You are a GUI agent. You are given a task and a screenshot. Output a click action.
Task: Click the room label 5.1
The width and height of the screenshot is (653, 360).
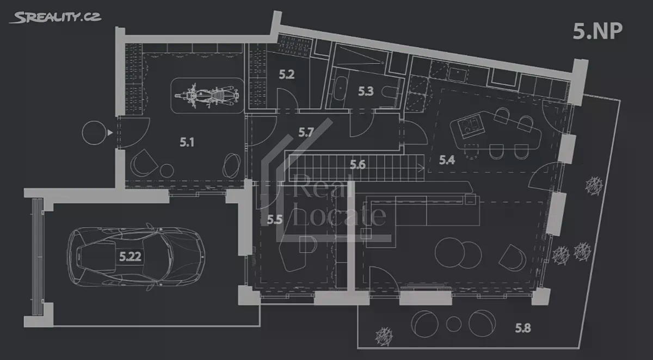coord(187,142)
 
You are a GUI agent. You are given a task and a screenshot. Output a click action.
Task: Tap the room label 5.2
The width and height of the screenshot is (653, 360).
coord(287,75)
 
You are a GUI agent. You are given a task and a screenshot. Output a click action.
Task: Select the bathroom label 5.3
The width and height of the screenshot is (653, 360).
coord(366,91)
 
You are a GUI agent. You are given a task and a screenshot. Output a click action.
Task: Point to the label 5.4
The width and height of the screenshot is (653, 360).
coord(447,160)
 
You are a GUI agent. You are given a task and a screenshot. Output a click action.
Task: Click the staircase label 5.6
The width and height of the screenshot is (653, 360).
coord(358,165)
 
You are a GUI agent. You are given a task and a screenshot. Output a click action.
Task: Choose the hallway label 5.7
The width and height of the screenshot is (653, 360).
coord(306,133)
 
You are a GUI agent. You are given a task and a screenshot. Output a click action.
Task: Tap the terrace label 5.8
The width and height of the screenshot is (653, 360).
coord(523,328)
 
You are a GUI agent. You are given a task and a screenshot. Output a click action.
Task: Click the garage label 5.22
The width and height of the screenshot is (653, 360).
coord(130,257)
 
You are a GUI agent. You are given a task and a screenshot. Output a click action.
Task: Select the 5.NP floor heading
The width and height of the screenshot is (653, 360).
coord(597,31)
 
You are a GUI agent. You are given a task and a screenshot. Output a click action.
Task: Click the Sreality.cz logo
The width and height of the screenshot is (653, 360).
coord(56,17)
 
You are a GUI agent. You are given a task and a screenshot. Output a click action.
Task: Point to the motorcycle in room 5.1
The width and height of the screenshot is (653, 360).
coord(207,95)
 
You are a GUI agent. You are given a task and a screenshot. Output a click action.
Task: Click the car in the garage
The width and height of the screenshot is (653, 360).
coord(137,257)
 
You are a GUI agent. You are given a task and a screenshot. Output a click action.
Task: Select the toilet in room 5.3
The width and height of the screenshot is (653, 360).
coord(389,92)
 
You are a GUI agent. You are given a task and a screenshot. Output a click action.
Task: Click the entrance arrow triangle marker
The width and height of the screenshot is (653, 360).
coord(110,133)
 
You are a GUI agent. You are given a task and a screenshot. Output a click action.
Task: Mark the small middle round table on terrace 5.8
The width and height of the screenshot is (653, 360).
coord(454,324)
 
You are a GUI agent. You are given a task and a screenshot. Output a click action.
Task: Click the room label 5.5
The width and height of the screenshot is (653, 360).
coord(275,220)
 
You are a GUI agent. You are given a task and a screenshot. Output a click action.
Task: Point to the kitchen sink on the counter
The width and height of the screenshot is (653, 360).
coord(458,74)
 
